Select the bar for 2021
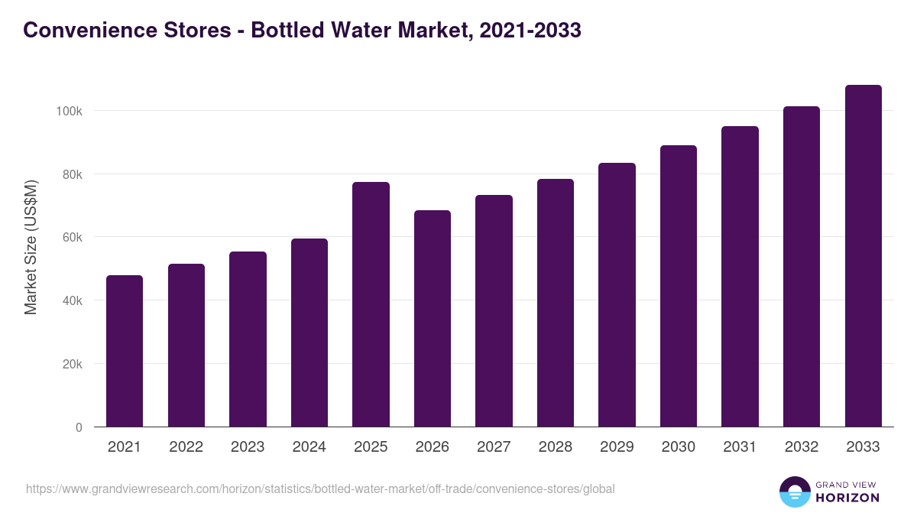[x=125, y=351]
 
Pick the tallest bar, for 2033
[x=863, y=255]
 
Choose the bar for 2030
[x=679, y=286]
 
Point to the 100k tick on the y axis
[x=69, y=111]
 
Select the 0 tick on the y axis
[x=79, y=427]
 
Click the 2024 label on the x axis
[x=309, y=447]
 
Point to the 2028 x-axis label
[x=555, y=447]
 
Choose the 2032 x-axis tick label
[x=801, y=447]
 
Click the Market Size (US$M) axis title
[x=31, y=247]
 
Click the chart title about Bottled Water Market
[x=302, y=30]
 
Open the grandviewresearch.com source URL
[x=320, y=488]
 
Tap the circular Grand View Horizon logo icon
[x=794, y=492]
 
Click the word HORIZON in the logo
[x=847, y=498]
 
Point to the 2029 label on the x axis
[x=617, y=447]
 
